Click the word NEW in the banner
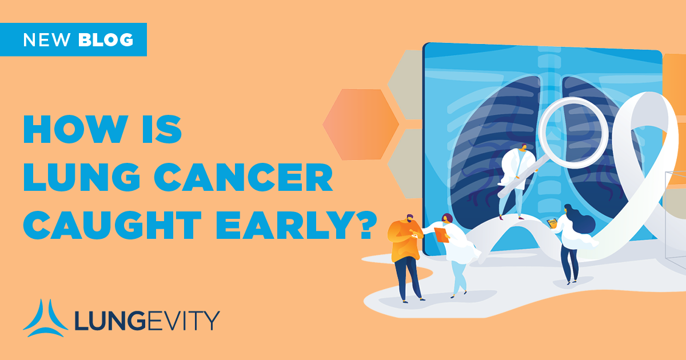[47, 40]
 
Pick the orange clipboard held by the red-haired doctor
[441, 234]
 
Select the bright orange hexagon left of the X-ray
[361, 123]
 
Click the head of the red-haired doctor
[446, 219]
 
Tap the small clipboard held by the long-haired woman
[552, 222]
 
